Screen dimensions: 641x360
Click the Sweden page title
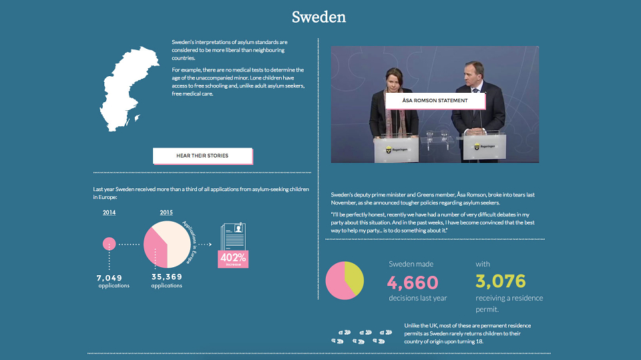319,17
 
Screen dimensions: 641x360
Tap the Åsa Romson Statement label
435,101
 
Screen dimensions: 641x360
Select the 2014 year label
109,212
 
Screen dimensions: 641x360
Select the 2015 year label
166,212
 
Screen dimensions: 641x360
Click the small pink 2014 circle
109,244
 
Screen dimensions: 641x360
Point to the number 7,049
109,278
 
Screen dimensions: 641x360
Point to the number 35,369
167,277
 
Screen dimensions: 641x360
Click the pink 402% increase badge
233,259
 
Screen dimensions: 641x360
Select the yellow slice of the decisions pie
354,279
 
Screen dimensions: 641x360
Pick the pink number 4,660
413,283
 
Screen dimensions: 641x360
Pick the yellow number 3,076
500,281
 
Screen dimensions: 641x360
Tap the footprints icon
361,337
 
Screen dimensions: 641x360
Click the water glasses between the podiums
437,136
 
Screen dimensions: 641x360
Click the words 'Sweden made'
411,264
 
